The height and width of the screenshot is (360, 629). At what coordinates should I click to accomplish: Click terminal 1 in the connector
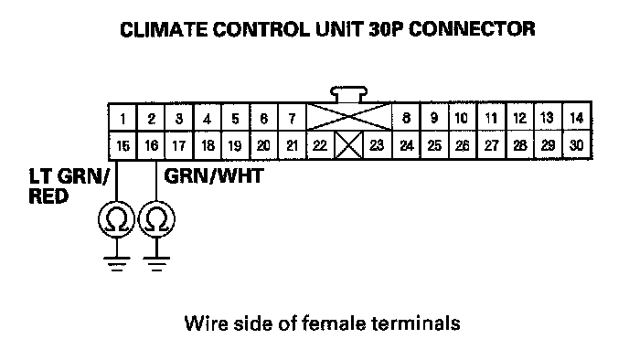(123, 118)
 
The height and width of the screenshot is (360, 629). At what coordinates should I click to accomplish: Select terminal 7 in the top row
(292, 118)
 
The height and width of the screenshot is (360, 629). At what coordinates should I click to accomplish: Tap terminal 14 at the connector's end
(577, 117)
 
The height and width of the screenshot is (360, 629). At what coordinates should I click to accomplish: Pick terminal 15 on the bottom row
(123, 145)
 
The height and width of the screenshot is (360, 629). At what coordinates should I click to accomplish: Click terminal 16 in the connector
(151, 145)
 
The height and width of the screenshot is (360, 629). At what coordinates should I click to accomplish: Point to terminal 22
(320, 145)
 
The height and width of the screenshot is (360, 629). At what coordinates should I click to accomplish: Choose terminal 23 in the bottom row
(377, 145)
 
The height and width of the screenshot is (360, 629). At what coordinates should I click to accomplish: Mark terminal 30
(577, 144)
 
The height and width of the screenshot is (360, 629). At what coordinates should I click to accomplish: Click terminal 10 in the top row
(462, 118)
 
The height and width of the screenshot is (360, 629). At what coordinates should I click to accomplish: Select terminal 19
(235, 145)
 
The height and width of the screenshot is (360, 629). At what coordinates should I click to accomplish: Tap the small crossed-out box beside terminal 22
(348, 145)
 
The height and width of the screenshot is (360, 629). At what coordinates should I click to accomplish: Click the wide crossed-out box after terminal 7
(349, 117)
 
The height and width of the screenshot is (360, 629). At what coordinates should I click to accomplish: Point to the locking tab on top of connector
(348, 94)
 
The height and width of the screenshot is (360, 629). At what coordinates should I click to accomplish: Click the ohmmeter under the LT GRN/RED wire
(116, 219)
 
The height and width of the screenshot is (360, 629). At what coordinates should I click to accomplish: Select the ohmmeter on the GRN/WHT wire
(156, 219)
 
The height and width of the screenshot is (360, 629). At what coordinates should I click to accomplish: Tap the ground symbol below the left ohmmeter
(116, 263)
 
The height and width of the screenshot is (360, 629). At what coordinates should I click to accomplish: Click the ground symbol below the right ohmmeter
(156, 263)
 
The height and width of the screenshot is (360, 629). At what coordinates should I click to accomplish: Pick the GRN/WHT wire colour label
(214, 176)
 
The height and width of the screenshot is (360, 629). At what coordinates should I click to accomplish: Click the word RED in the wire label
(48, 196)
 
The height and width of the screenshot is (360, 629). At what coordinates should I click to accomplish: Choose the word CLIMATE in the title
(164, 29)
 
